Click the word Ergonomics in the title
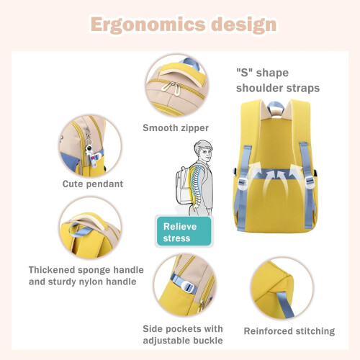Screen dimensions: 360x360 click(x=148, y=24)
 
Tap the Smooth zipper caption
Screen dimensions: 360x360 click(x=176, y=128)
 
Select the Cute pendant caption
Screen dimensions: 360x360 click(x=93, y=184)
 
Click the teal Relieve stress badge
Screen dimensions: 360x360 click(x=184, y=232)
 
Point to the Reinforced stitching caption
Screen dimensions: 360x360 click(x=289, y=331)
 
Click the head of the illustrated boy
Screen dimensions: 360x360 click(x=204, y=150)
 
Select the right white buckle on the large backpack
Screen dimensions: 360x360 click(x=310, y=182)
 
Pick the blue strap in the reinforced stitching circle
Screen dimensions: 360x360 click(x=285, y=304)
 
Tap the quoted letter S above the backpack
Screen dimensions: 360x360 click(x=244, y=73)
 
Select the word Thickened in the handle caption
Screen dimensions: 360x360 click(x=52, y=270)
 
